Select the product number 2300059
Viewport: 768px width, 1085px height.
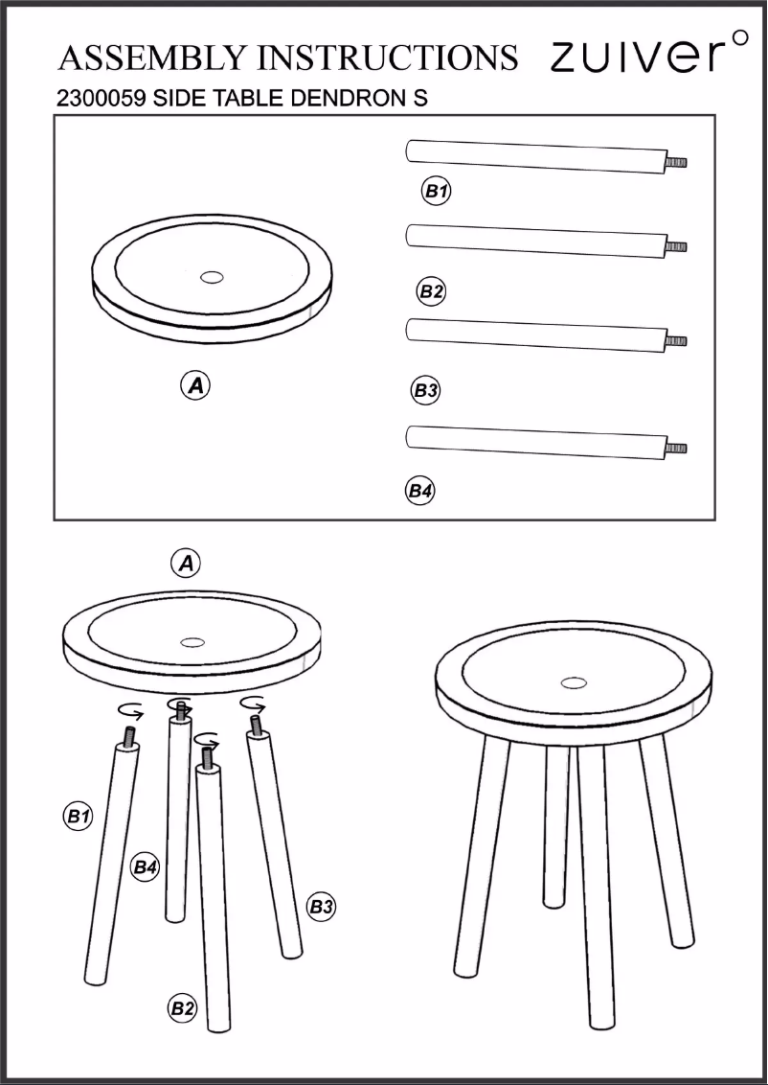[100, 99]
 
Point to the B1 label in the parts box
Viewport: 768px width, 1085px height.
[437, 192]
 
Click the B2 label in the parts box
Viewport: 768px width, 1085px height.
[432, 291]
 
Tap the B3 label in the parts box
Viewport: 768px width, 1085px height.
[426, 390]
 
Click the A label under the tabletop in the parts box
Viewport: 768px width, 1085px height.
[196, 386]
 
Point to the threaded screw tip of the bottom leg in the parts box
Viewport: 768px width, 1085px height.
[677, 448]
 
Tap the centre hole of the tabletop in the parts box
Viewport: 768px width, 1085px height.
[212, 278]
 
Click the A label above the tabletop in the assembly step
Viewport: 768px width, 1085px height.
[186, 564]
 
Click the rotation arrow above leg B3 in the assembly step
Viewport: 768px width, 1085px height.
[252, 704]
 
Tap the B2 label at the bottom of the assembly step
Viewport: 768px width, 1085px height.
[182, 1007]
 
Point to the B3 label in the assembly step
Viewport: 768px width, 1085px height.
[321, 906]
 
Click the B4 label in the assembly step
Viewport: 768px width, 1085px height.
[145, 866]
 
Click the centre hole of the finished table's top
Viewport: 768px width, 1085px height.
[574, 682]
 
